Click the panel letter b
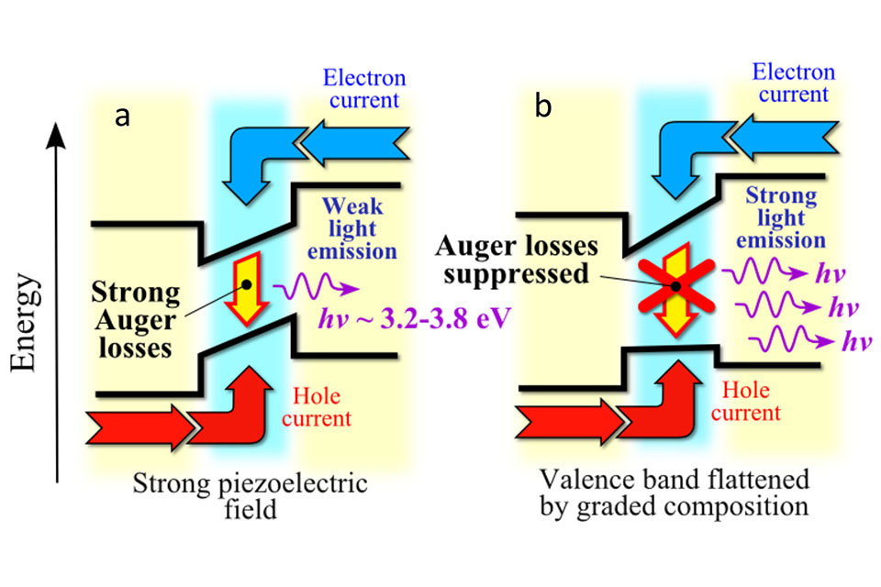tap(544, 107)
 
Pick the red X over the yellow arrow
tap(675, 285)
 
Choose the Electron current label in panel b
tap(793, 84)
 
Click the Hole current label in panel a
tap(319, 408)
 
